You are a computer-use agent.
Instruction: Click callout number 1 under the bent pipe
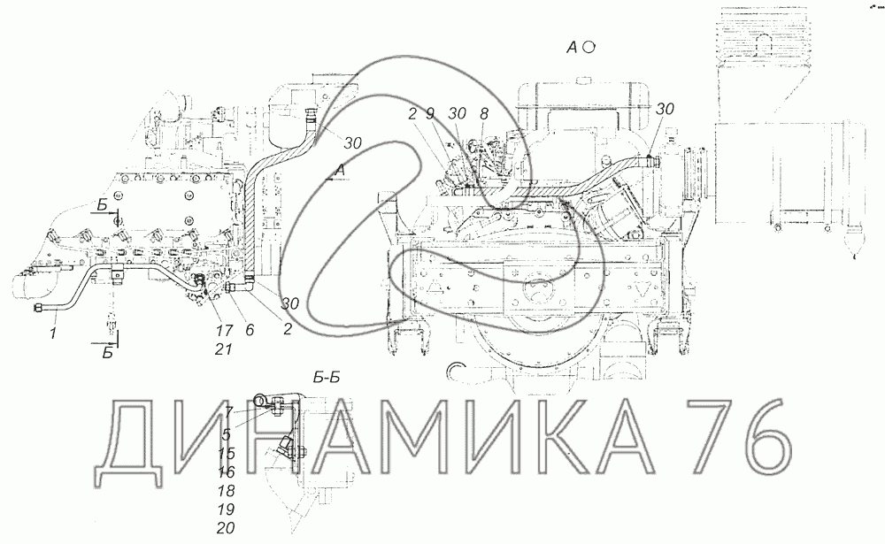tap(53, 335)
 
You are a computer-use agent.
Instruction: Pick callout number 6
tap(250, 328)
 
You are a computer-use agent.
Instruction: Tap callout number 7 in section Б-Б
tap(228, 412)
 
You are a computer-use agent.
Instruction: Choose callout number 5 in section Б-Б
tap(227, 434)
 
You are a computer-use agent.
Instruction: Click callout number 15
tap(227, 454)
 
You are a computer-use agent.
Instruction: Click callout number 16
tap(227, 471)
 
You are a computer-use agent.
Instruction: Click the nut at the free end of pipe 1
tap(39, 310)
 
